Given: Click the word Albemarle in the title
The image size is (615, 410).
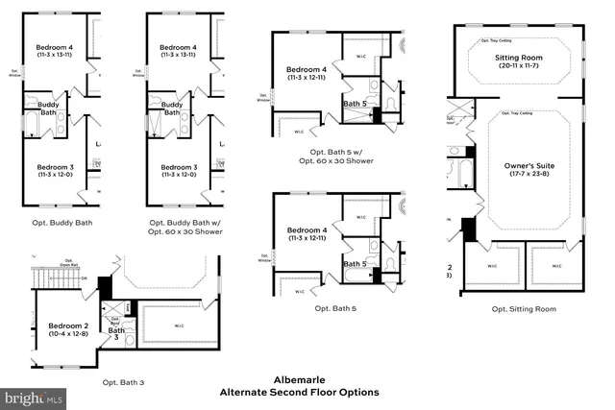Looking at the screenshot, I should [299, 378].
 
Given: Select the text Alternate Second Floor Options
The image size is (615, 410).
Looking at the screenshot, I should [299, 392].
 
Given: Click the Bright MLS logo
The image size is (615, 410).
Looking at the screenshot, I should [34, 396].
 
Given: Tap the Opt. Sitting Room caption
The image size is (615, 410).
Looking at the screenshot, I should [524, 308].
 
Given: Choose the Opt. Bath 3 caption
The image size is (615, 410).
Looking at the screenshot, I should [123, 382].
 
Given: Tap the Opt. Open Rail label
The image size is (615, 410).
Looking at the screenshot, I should [69, 262].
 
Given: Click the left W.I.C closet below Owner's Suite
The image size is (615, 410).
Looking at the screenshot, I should [492, 266].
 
